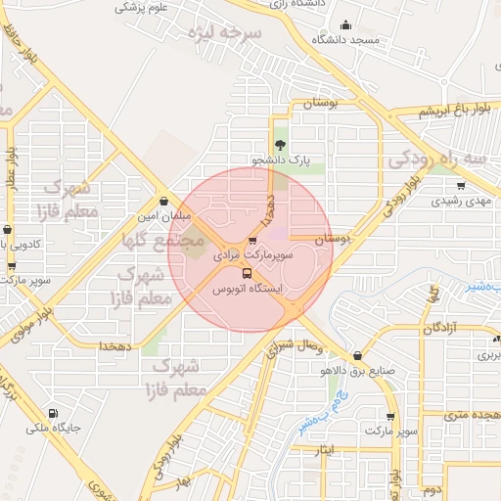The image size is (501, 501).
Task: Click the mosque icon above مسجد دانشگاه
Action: (x=344, y=26)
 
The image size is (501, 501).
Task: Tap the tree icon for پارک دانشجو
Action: (x=282, y=145)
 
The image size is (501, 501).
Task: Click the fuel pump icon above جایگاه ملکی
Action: (x=52, y=413)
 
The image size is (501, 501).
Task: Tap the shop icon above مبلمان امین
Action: (x=163, y=201)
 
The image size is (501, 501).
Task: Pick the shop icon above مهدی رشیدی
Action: (x=461, y=183)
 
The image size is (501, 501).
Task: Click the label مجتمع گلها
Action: (x=162, y=238)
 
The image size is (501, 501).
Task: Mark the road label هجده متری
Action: (x=472, y=415)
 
